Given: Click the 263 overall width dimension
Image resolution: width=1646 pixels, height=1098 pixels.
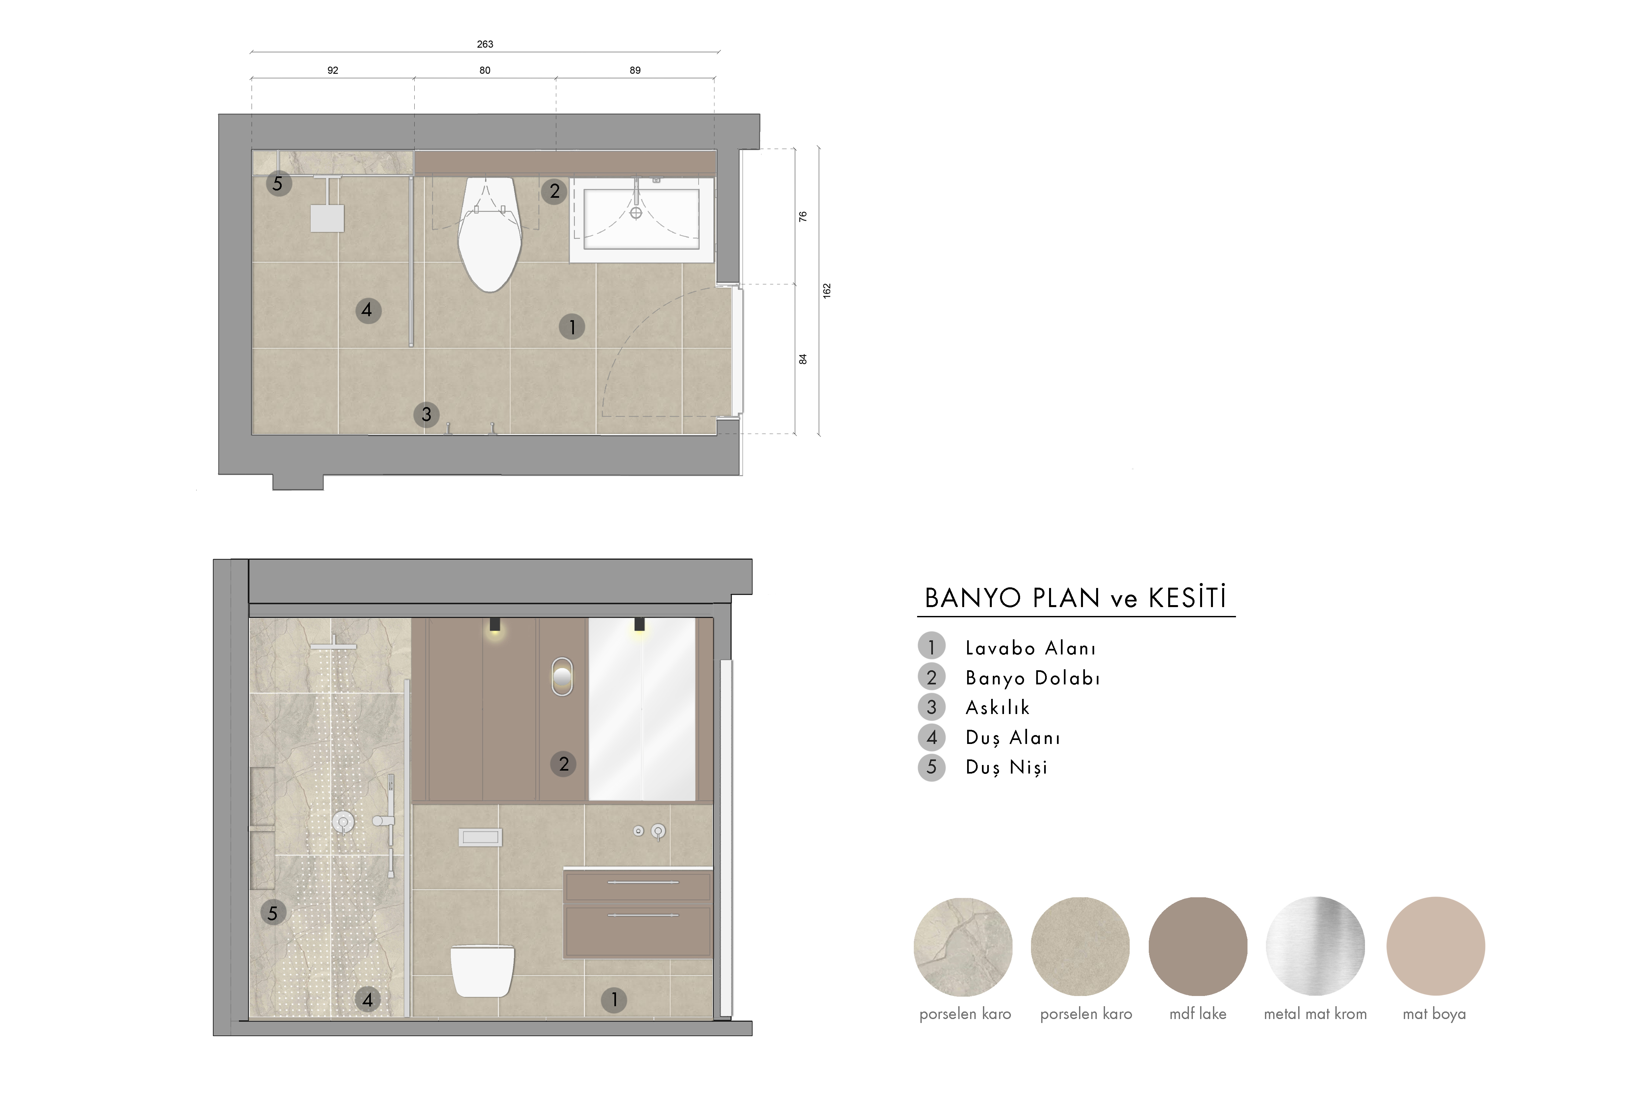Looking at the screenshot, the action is [x=485, y=44].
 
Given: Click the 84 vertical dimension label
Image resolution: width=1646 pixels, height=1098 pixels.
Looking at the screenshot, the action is [x=803, y=359].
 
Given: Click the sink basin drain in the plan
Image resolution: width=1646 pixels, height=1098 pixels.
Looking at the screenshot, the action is [x=636, y=213].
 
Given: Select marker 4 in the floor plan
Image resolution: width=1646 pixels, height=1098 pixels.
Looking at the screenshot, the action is [x=368, y=310].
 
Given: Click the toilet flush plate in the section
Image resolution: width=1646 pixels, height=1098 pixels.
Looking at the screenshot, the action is [x=480, y=837].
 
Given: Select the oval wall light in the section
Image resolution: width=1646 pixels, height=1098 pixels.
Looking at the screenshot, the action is [x=562, y=677].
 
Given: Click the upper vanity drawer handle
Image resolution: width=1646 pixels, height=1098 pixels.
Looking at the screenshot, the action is [x=643, y=882].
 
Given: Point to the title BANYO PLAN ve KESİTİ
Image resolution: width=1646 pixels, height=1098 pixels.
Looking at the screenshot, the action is [x=1076, y=598].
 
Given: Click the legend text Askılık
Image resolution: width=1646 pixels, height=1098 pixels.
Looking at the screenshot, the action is [x=998, y=708].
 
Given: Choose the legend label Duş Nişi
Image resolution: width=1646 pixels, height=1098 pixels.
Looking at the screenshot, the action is [x=1006, y=767].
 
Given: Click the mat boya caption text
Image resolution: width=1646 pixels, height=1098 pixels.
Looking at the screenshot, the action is [x=1434, y=1014].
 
